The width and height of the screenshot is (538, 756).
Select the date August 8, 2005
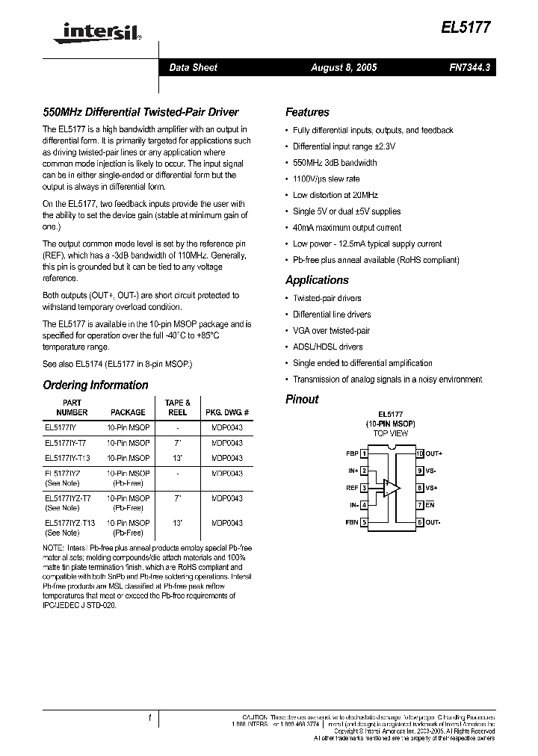coord(344,68)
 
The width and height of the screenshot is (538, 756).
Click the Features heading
coord(307,113)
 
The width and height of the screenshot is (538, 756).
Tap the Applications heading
coord(317,280)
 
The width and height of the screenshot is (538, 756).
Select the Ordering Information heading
coord(96,385)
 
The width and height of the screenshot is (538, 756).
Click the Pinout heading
coord(302,400)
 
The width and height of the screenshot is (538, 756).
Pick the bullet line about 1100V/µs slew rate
coord(326,179)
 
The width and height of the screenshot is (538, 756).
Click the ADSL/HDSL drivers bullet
coord(328,347)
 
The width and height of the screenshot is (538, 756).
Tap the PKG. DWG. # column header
coord(226,412)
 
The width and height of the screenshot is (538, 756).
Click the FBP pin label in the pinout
coord(351,453)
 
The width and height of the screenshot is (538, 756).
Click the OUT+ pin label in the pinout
coord(434,453)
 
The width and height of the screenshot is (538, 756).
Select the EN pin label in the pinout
coord(430,506)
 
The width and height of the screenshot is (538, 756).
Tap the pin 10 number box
coord(419,453)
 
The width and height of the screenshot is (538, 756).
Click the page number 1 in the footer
coord(149,719)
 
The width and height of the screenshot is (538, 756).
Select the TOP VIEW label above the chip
coord(391,433)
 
